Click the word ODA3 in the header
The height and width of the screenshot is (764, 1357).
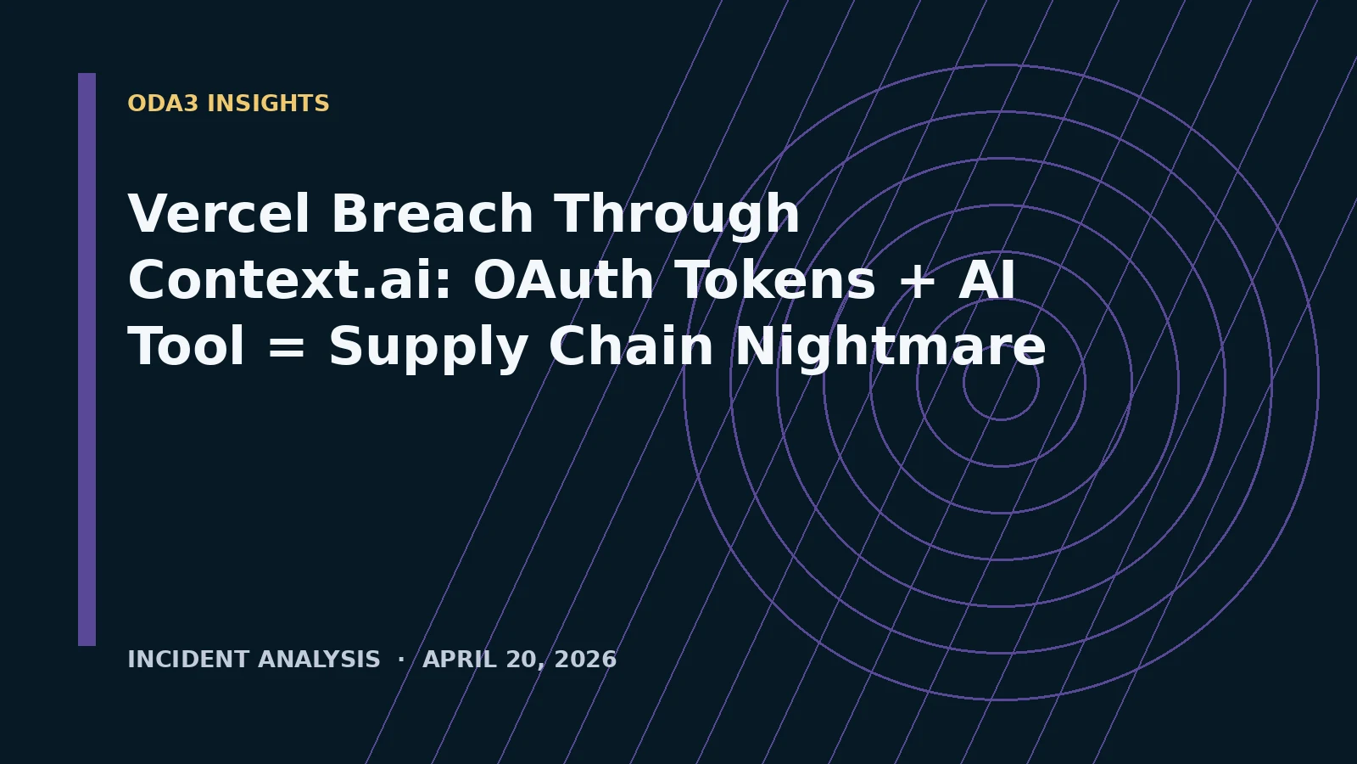[162, 103]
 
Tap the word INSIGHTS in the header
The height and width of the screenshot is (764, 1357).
[268, 103]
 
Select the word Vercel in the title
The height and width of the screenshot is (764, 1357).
[219, 213]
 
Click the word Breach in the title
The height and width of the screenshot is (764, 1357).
[432, 213]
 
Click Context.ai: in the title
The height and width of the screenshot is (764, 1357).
[289, 279]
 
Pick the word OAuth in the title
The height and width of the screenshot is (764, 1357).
[563, 279]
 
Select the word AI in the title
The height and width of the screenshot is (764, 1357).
[987, 279]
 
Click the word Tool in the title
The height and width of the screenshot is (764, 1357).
[186, 345]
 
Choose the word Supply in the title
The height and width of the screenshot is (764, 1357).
[427, 349]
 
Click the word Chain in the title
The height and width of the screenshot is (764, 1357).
[631, 345]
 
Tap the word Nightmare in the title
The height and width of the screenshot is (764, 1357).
[891, 349]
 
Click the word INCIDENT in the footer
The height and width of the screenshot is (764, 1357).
[188, 659]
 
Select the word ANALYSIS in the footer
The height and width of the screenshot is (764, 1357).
[319, 659]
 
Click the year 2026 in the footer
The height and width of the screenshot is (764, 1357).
[585, 659]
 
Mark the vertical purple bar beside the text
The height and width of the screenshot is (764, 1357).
[87, 360]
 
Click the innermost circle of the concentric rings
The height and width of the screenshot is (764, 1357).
[1001, 345]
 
